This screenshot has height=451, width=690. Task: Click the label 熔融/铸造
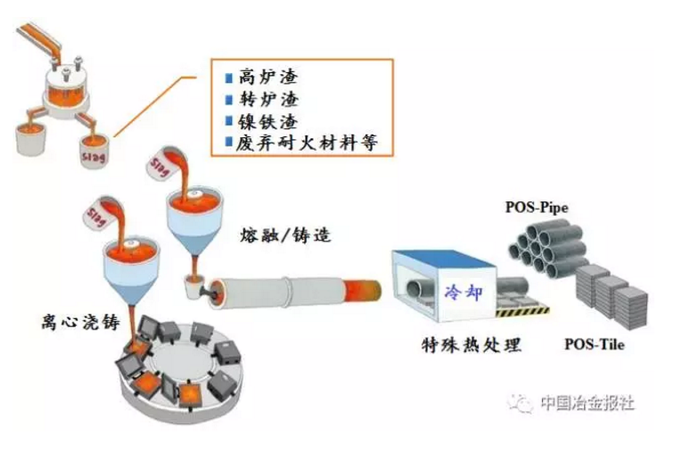(x=277, y=237)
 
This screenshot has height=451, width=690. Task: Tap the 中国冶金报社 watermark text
(x=587, y=403)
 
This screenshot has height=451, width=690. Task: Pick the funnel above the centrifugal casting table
(x=131, y=263)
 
